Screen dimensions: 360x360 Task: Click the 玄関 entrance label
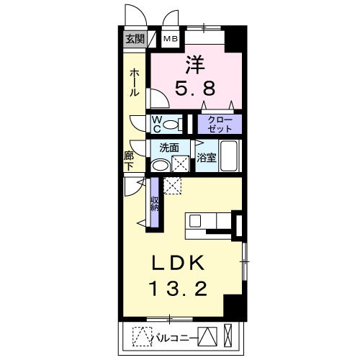134,40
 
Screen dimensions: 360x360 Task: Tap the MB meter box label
171,40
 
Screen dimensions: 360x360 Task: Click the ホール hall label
135,83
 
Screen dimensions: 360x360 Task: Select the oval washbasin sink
160,166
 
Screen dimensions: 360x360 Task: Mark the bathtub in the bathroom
230,156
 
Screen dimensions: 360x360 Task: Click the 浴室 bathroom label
207,158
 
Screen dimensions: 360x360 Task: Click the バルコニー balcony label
176,336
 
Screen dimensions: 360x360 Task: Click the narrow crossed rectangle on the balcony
228,336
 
